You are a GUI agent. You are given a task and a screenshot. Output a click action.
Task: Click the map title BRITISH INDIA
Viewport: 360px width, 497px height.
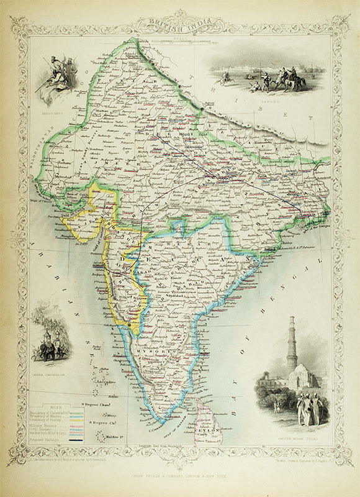(x=180, y=23)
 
